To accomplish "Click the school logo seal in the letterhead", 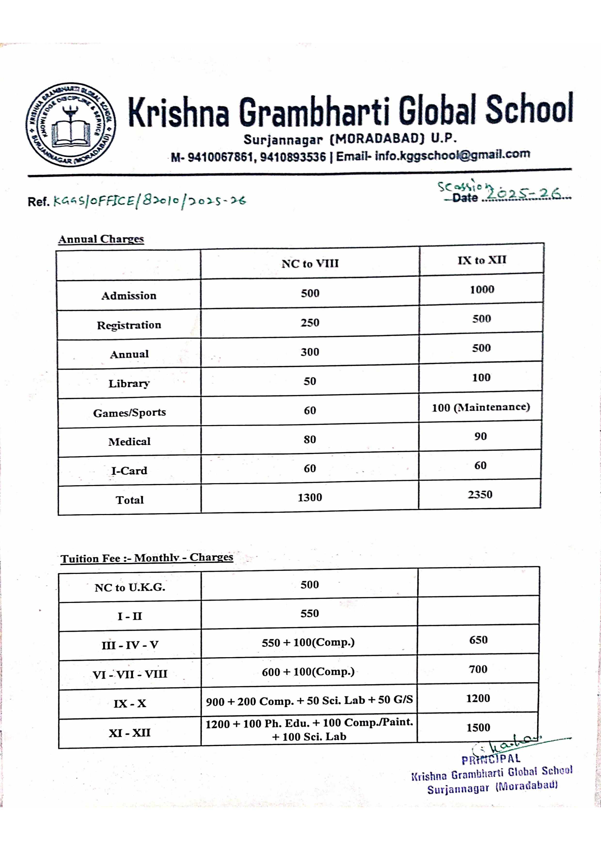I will click(70, 125).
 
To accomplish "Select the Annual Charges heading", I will click(101, 239).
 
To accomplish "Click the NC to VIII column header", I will click(310, 264).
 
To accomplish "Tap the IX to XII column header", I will click(481, 260).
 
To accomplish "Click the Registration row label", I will click(129, 325).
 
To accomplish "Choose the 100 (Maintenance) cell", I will click(481, 407).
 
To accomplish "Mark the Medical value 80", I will click(309, 439).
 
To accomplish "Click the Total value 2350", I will click(480, 495).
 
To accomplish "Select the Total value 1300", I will click(309, 497).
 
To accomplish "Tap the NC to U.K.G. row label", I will click(130, 587).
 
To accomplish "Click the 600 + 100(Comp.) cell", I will click(308, 671).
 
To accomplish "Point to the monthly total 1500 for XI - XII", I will click(478, 727).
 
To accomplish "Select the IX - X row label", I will click(130, 703).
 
